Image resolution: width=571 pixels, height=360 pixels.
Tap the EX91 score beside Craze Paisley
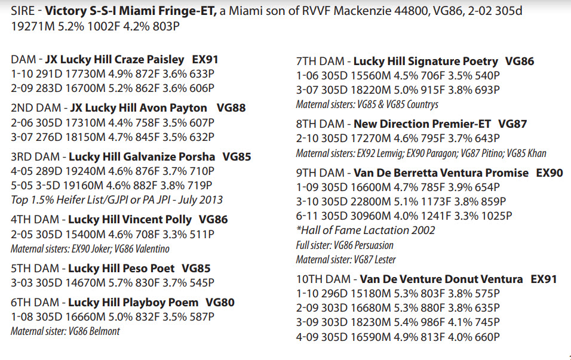pyautogui.click(x=205, y=60)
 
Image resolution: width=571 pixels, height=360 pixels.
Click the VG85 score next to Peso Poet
pyautogui.click(x=196, y=269)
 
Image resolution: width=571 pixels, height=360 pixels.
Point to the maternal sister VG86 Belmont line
pyautogui.click(x=66, y=331)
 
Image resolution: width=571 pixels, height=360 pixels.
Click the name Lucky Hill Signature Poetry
pyautogui.click(x=425, y=61)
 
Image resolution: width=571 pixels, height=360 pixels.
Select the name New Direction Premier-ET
pyautogui.click(x=422, y=124)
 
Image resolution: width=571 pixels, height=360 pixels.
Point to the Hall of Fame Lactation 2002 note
pyautogui.click(x=366, y=230)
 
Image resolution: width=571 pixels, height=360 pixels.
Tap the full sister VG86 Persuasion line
pyautogui.click(x=345, y=245)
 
